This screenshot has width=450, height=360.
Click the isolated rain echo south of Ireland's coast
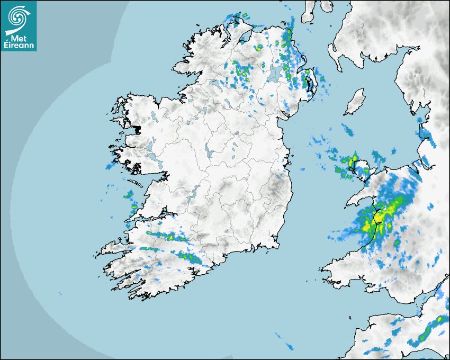tap(285, 342)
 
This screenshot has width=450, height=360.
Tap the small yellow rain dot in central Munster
tap(204, 216)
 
